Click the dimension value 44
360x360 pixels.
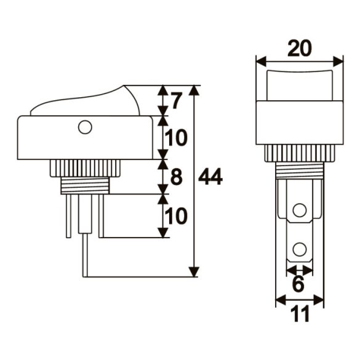pyautogui.click(x=211, y=177)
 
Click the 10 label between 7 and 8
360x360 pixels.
pyautogui.click(x=177, y=138)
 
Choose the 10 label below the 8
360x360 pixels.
pyautogui.click(x=177, y=216)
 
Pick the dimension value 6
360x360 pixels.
pyautogui.click(x=298, y=284)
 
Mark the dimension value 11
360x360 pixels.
pyautogui.click(x=299, y=314)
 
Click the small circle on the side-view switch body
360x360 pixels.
pyautogui.click(x=85, y=127)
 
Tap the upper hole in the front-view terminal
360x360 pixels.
pyautogui.click(x=299, y=210)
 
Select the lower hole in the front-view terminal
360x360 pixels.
pyautogui.click(x=299, y=249)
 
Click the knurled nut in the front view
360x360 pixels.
pyautogui.click(x=298, y=154)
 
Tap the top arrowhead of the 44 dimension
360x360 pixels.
pyautogui.click(x=194, y=90)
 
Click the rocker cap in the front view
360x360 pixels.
pyautogui.click(x=298, y=86)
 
